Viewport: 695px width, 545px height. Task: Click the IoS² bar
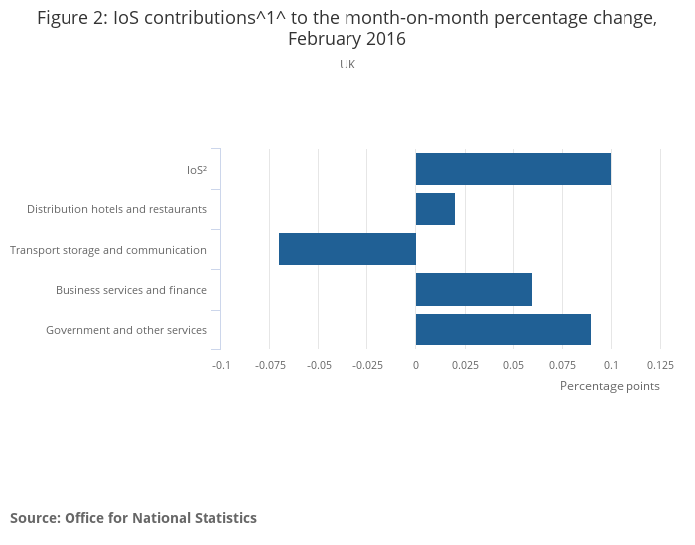pos(512,169)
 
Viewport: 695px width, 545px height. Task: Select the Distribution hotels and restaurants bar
pos(435,209)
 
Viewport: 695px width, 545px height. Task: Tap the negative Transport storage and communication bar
pos(347,249)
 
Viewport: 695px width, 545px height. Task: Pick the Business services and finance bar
pos(474,289)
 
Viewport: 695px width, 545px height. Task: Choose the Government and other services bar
pos(502,330)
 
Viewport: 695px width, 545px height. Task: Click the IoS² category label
pos(196,170)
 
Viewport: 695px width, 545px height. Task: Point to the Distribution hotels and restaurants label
pos(116,209)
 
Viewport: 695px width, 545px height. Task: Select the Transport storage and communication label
pos(108,250)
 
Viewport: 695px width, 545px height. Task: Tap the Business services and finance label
pos(131,290)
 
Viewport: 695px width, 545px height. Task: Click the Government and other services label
pos(126,330)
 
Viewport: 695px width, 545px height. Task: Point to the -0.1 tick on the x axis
pos(221,365)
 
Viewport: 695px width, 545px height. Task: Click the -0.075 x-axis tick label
pos(270,365)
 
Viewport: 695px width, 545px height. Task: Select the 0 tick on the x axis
pos(416,365)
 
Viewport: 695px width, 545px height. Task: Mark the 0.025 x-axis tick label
pos(465,365)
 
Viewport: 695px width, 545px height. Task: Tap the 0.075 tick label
pos(562,365)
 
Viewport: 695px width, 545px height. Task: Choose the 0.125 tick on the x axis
pos(660,365)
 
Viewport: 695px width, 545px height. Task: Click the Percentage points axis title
pos(610,386)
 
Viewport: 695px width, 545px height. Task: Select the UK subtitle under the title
pos(347,65)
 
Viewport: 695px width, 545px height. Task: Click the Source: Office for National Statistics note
pos(133,518)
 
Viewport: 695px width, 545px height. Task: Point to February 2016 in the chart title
pos(347,40)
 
